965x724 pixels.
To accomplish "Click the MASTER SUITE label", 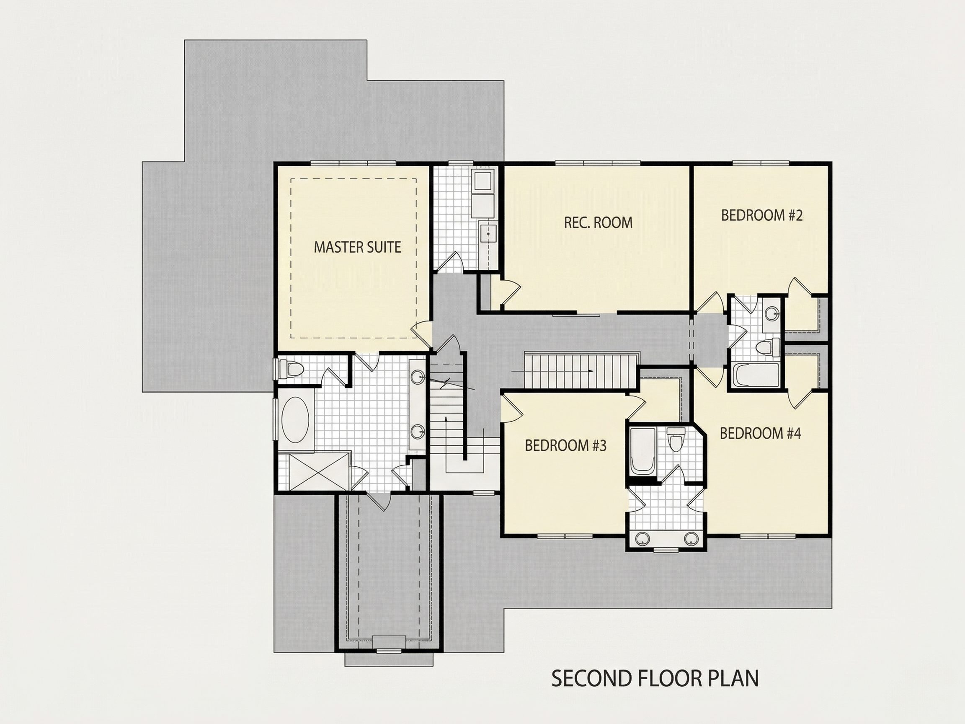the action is point(357,248).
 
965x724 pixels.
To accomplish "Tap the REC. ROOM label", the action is point(598,222).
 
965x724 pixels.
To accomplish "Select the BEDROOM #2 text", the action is point(762,216).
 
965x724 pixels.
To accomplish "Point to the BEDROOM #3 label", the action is point(565,445).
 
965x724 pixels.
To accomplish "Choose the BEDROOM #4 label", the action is point(760,433).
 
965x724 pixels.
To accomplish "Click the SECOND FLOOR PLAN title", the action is point(655,678).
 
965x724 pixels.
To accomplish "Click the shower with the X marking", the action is point(314,472).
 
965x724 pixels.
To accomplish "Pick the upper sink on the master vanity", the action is point(418,377).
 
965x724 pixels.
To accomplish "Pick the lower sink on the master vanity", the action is point(418,432).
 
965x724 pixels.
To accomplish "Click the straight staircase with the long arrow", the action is point(580,370).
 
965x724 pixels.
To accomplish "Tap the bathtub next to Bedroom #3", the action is point(642,451).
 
